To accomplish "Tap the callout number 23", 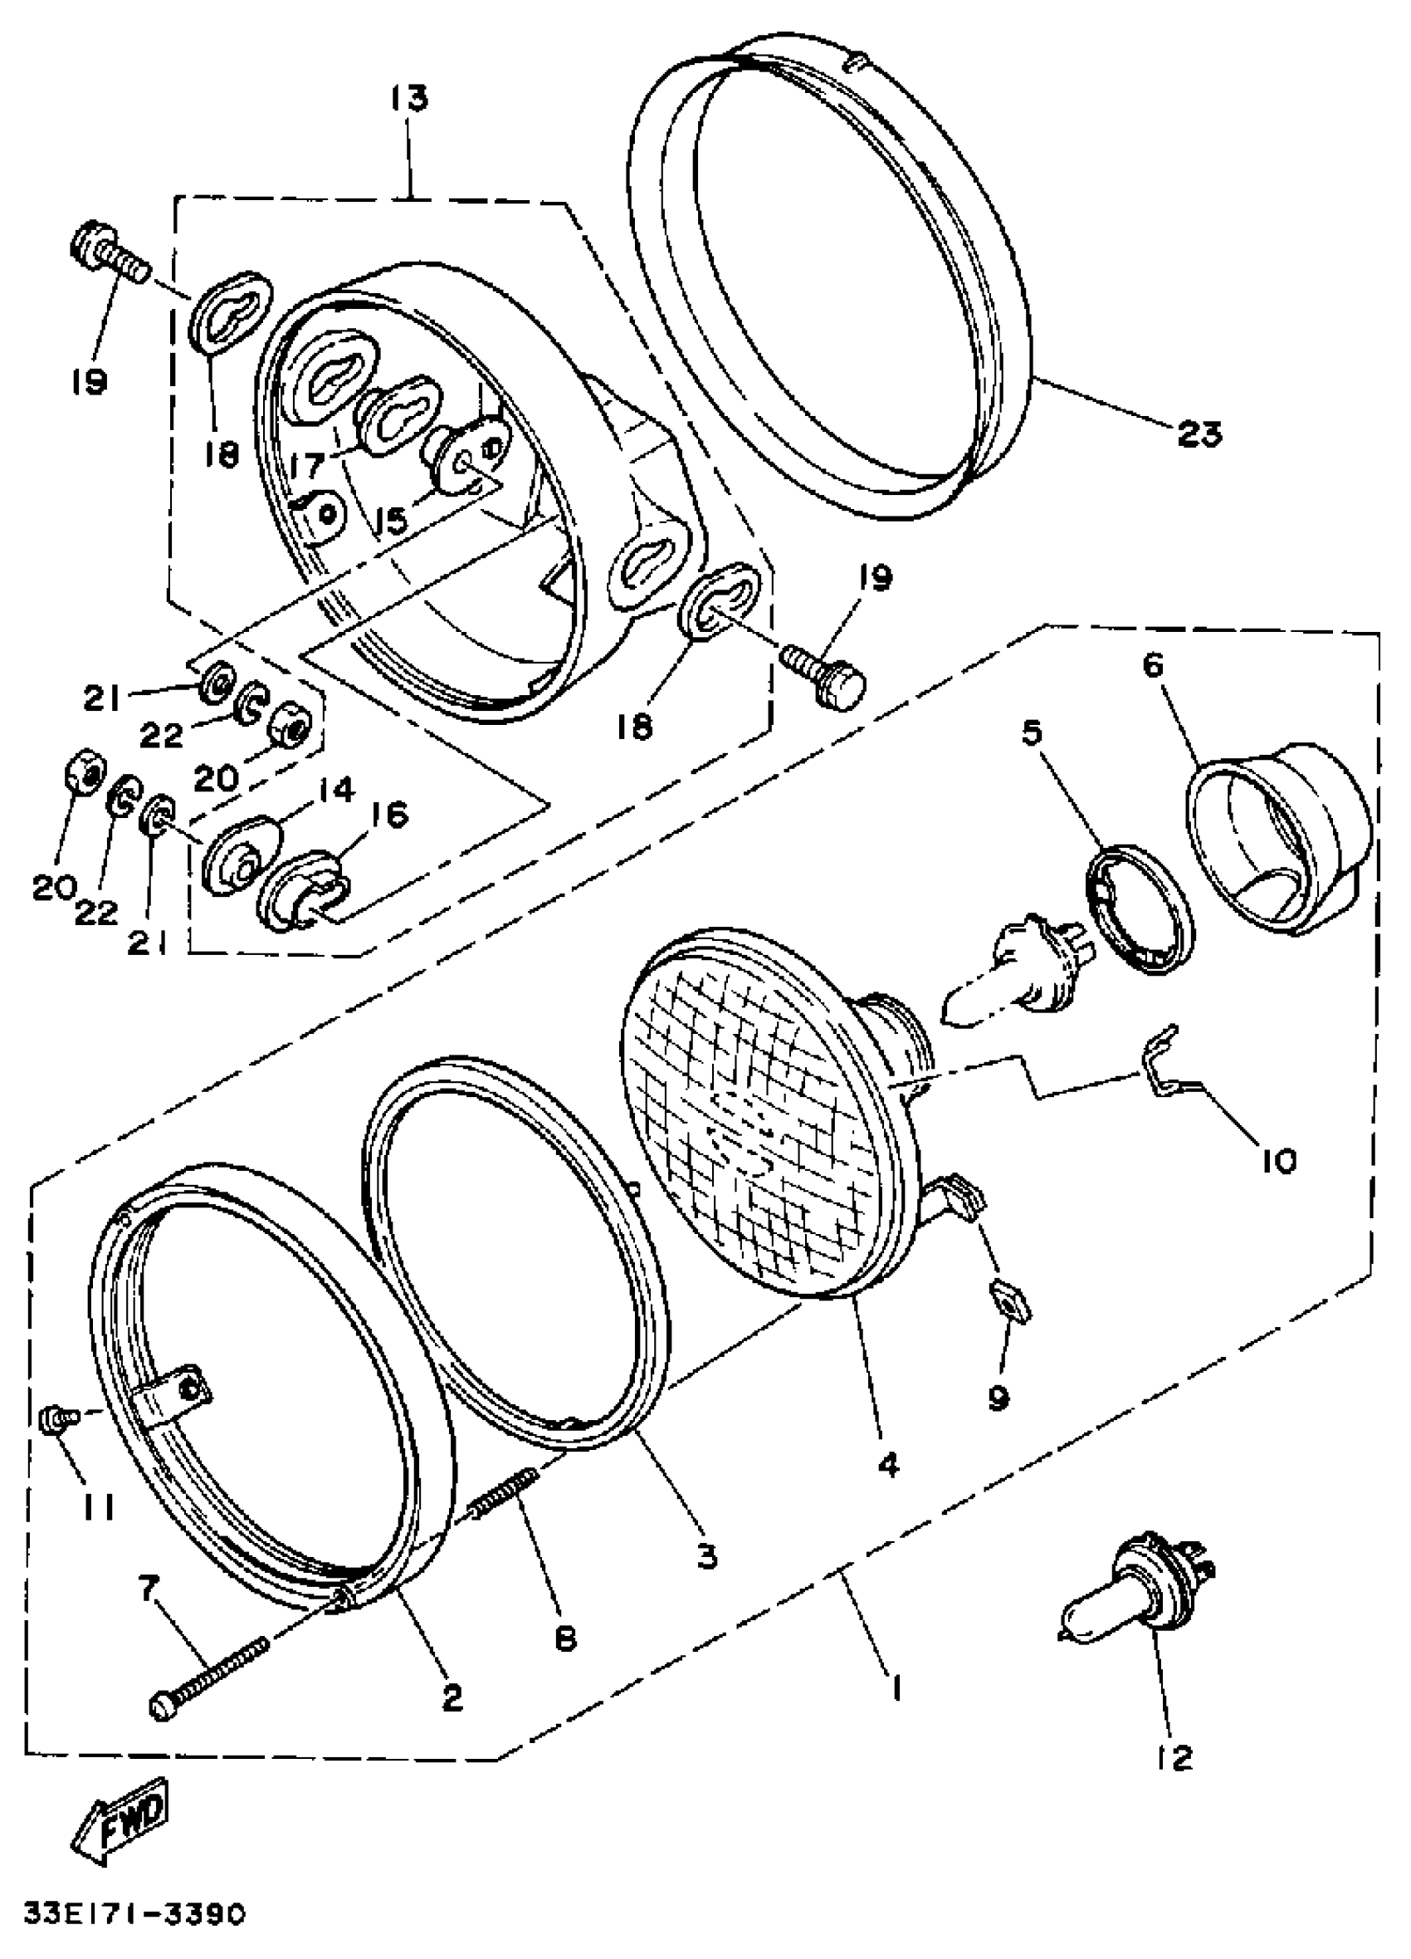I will pos(1199,433).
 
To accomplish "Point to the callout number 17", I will pos(307,468).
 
